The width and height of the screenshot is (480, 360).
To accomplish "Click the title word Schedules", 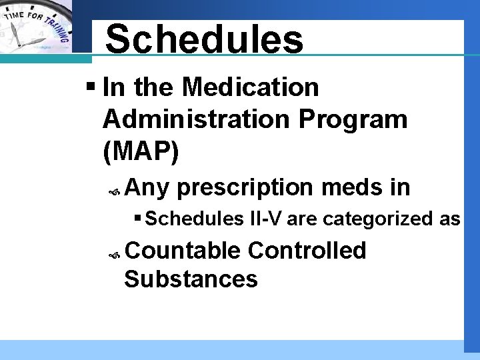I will pyautogui.click(x=204, y=39).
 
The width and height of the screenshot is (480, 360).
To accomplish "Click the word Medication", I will pyautogui.click(x=251, y=87).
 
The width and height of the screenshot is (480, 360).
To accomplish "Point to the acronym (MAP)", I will pyautogui.click(x=141, y=151).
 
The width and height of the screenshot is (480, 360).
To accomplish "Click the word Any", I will pyautogui.click(x=147, y=188).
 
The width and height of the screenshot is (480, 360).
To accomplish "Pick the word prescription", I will pyautogui.click(x=245, y=188).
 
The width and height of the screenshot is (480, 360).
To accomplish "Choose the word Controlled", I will pyautogui.click(x=307, y=251).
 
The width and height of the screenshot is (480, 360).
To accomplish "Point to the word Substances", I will pyautogui.click(x=191, y=279).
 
